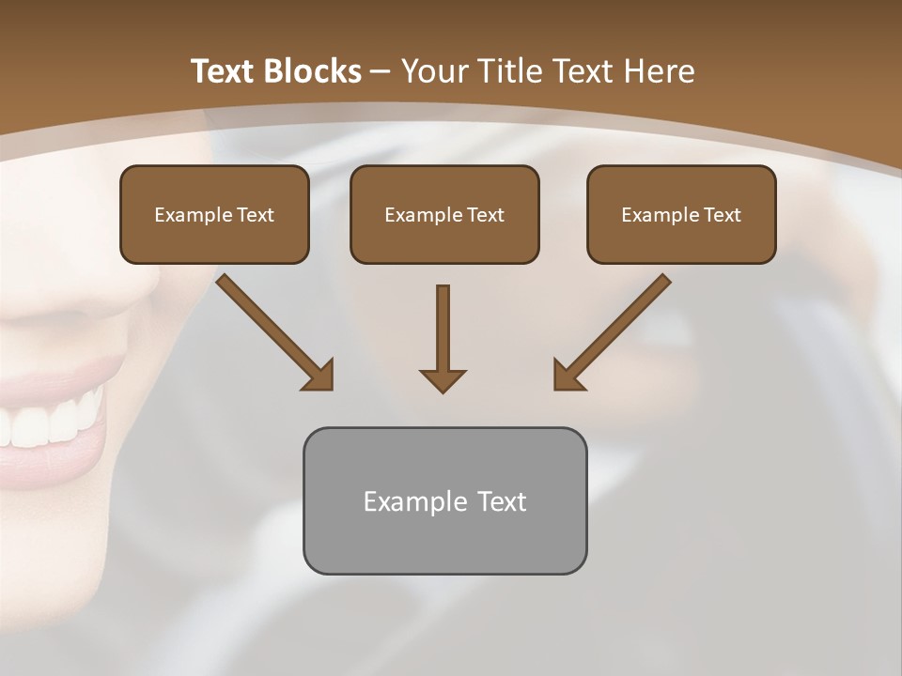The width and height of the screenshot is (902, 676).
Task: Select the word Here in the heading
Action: [x=661, y=71]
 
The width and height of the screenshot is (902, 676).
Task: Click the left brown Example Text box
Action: [x=214, y=214]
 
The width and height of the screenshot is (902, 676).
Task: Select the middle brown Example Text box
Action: [x=444, y=214]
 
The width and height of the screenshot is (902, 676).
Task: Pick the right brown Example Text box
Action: [x=681, y=214]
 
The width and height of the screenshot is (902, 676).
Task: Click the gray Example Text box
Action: [x=444, y=500]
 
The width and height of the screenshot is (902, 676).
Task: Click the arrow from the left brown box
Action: [x=273, y=330]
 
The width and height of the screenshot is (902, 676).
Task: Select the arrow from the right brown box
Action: [x=613, y=330]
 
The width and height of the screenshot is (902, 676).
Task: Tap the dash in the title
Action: [x=381, y=71]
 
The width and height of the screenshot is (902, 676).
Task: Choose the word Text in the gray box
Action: [x=502, y=501]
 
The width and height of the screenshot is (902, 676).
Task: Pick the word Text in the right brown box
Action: [x=723, y=215]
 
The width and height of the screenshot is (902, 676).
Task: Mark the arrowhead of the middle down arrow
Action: [x=443, y=379]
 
